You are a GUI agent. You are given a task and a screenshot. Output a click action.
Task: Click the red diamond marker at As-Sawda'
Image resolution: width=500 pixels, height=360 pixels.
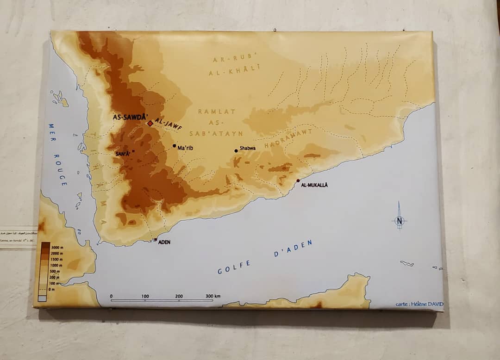[x=150, y=124]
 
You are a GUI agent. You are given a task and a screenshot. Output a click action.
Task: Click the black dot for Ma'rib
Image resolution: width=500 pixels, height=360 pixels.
[x=175, y=146]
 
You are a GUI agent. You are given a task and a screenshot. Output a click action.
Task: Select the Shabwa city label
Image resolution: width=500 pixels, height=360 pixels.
[x=246, y=149]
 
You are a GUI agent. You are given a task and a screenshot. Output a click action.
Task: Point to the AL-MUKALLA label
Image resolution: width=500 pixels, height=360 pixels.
[x=314, y=185]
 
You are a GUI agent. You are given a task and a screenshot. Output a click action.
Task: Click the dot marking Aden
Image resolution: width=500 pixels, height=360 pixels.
[x=155, y=240]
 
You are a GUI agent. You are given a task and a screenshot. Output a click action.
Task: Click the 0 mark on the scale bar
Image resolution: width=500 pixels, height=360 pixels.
[x=111, y=296]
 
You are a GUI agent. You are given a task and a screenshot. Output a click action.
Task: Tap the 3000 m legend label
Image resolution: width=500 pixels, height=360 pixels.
[x=57, y=248]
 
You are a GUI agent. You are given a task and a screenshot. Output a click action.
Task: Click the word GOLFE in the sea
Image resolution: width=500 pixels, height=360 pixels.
[x=234, y=267]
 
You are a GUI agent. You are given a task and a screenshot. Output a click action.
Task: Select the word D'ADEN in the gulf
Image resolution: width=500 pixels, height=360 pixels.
[x=293, y=248]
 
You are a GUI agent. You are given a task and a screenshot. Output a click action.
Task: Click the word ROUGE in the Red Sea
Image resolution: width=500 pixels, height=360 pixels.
[x=61, y=172]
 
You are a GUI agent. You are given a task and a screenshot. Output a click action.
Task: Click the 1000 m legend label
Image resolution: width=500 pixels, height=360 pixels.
[x=57, y=266]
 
